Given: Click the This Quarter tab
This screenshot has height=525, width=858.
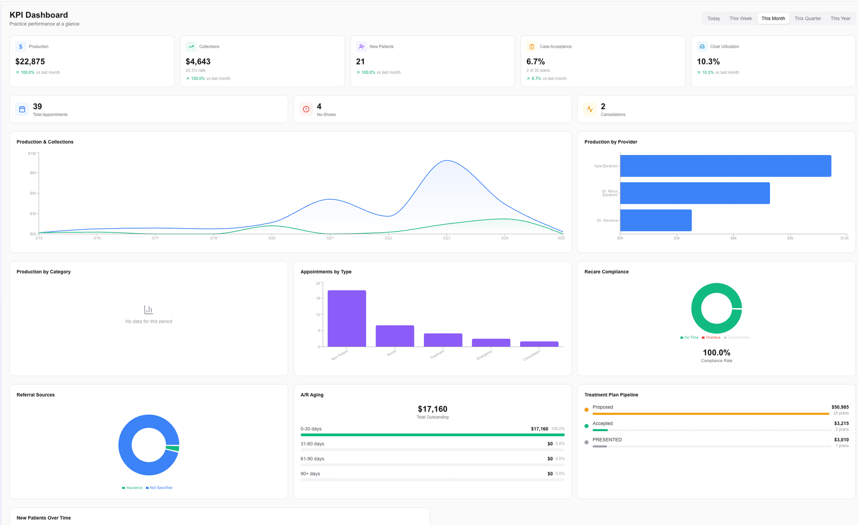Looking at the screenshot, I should point(807,18).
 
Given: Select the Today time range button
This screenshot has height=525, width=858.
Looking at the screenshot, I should point(713,18).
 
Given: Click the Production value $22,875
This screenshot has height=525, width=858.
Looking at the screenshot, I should point(30,62).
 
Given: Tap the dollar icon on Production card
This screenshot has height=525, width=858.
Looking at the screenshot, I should point(21,46).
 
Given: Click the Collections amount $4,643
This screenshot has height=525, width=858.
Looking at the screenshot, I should point(198,62).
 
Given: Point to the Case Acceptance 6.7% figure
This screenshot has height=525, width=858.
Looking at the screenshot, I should point(535,62).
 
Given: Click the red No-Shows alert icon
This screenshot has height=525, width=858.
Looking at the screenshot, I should point(306,109).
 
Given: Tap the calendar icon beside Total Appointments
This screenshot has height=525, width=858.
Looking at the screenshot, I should point(22,109).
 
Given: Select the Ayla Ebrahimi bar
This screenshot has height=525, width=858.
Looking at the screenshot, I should point(725,166).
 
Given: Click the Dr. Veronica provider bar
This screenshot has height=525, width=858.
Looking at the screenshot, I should point(656,220).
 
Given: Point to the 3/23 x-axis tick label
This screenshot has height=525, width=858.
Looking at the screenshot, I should point(446,238).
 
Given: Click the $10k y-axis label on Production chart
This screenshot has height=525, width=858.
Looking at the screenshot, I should point(32,154).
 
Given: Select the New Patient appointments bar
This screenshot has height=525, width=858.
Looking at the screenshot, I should point(346,318).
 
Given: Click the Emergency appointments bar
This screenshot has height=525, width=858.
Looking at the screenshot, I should point(491,342).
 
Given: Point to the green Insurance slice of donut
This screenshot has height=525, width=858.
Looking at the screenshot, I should point(173,448).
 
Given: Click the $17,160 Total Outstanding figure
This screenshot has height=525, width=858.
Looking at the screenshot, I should point(432,409).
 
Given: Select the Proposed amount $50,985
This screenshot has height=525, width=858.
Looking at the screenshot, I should point(840,407).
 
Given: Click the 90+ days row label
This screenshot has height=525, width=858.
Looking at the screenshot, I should point(310,474).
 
